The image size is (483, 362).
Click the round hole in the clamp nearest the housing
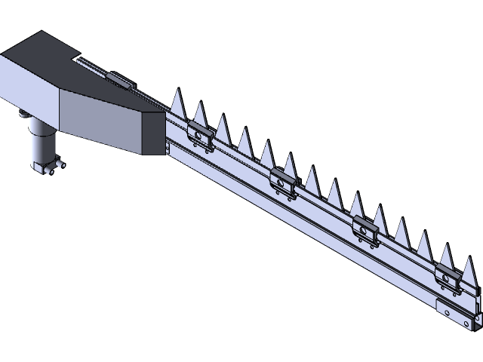pos(200,136)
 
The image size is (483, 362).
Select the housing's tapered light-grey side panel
pos(106,121)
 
